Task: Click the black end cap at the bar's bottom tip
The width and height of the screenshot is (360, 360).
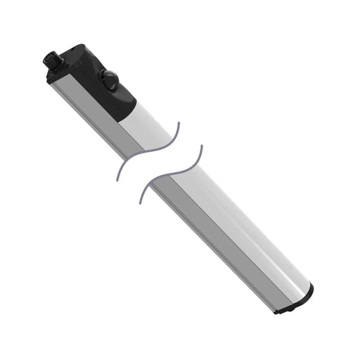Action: tap(295, 304)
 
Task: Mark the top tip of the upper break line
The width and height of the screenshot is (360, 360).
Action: tap(178, 122)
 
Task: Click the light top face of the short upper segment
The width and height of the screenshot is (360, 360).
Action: tap(151, 123)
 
